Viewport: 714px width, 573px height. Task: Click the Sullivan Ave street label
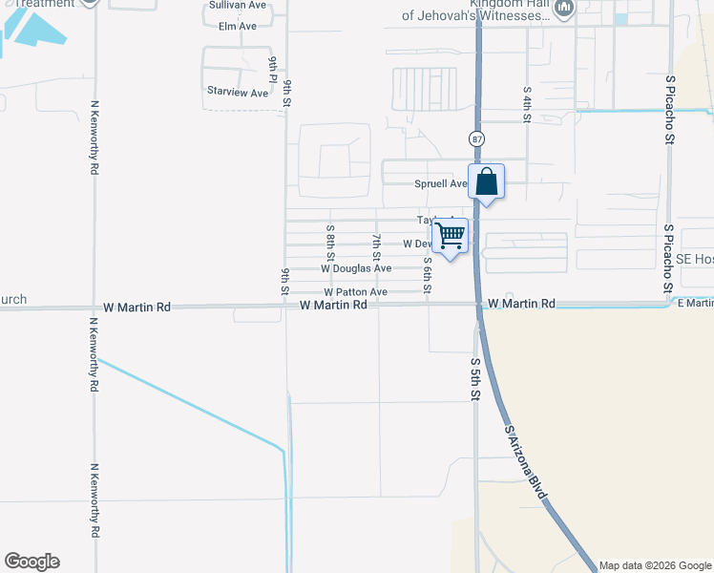click(x=238, y=5)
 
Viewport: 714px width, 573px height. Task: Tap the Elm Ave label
click(x=238, y=26)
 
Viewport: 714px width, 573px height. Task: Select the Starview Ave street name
click(x=238, y=93)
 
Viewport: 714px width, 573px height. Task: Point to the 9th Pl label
click(x=273, y=69)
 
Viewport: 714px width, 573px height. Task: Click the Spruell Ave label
click(x=440, y=183)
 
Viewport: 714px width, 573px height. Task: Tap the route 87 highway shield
click(x=476, y=139)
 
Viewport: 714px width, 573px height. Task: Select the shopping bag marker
click(x=486, y=181)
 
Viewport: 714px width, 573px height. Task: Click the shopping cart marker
click(x=450, y=235)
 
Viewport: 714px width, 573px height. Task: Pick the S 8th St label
click(x=330, y=243)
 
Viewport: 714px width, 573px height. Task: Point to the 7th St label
click(x=377, y=247)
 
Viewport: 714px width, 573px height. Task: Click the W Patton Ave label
click(x=355, y=291)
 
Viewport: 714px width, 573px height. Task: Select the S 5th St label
click(x=474, y=378)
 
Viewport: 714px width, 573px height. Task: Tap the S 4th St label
click(x=526, y=104)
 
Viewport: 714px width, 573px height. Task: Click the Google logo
click(x=31, y=562)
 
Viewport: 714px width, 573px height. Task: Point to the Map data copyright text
click(x=655, y=565)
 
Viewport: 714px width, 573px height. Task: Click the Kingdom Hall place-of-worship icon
click(x=564, y=10)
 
